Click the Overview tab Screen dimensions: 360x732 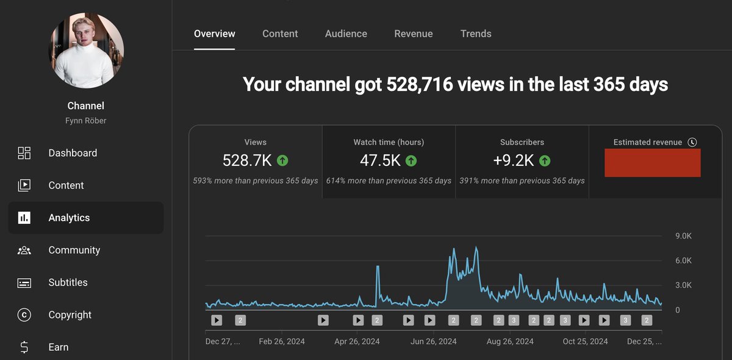pyautogui.click(x=214, y=34)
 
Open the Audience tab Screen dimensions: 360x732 pyautogui.click(x=346, y=34)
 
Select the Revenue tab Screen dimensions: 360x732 pyautogui.click(x=413, y=34)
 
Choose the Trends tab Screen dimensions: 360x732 pyautogui.click(x=475, y=34)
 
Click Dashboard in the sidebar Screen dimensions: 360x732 pyautogui.click(x=73, y=153)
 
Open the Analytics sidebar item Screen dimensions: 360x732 pyautogui.click(x=69, y=218)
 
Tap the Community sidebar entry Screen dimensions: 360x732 pyautogui.click(x=74, y=250)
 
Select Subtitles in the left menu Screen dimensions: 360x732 pyautogui.click(x=68, y=283)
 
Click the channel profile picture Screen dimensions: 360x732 pyautogui.click(x=86, y=50)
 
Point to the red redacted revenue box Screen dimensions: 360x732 pyautogui.click(x=652, y=163)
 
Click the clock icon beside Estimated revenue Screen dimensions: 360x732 pyautogui.click(x=692, y=142)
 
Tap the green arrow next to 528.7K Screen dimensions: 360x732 pyautogui.click(x=282, y=160)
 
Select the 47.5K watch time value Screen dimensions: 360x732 pyautogui.click(x=380, y=160)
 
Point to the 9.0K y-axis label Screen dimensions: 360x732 pyautogui.click(x=683, y=236)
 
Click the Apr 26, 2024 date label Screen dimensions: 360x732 pyautogui.click(x=357, y=341)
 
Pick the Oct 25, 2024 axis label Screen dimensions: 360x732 pyautogui.click(x=585, y=341)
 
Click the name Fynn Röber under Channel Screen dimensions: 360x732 pyautogui.click(x=86, y=121)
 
